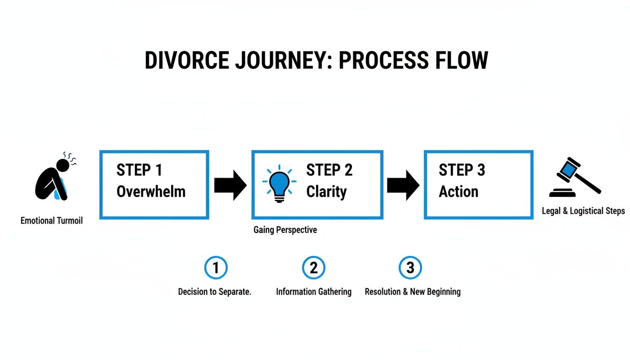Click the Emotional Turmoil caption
click(52, 220)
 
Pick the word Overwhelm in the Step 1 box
click(151, 191)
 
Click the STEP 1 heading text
click(139, 170)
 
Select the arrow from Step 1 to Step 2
click(230, 185)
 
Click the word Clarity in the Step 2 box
click(326, 191)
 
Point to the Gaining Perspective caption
click(285, 230)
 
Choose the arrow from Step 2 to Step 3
click(403, 185)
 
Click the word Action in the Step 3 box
click(458, 191)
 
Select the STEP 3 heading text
click(462, 170)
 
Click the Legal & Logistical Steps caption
click(583, 211)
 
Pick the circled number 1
click(216, 268)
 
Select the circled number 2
click(314, 268)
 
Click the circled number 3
click(410, 268)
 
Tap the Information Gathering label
click(314, 292)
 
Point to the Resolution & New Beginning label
click(412, 292)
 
